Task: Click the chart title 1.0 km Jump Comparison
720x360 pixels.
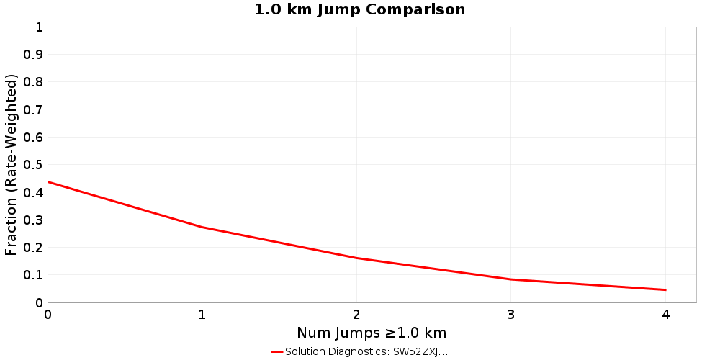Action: [x=360, y=9]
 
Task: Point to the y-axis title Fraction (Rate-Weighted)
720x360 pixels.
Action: [x=11, y=165]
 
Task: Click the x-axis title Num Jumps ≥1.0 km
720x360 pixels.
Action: [x=372, y=333]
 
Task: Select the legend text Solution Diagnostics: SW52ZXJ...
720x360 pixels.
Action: [x=366, y=352]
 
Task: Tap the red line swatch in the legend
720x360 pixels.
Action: [x=277, y=352]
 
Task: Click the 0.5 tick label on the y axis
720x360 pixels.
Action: [x=34, y=165]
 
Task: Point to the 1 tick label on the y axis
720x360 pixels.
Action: [x=39, y=27]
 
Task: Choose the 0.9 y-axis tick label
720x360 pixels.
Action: [x=34, y=55]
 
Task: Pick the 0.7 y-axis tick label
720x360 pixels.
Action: [x=34, y=109]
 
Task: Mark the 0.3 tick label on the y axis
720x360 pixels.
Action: [x=34, y=220]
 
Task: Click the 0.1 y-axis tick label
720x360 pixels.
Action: [x=34, y=275]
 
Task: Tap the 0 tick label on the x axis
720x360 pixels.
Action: [x=48, y=314]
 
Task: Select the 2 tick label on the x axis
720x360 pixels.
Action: [x=356, y=314]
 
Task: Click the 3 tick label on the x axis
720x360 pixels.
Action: [x=511, y=314]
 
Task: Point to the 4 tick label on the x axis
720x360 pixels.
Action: [x=665, y=314]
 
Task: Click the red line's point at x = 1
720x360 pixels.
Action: [x=202, y=228]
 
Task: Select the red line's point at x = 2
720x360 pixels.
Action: [x=356, y=258]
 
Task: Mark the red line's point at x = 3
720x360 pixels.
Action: [x=511, y=279]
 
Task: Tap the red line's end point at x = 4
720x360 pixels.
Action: [x=665, y=290]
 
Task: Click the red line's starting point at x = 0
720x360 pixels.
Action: [x=48, y=181]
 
